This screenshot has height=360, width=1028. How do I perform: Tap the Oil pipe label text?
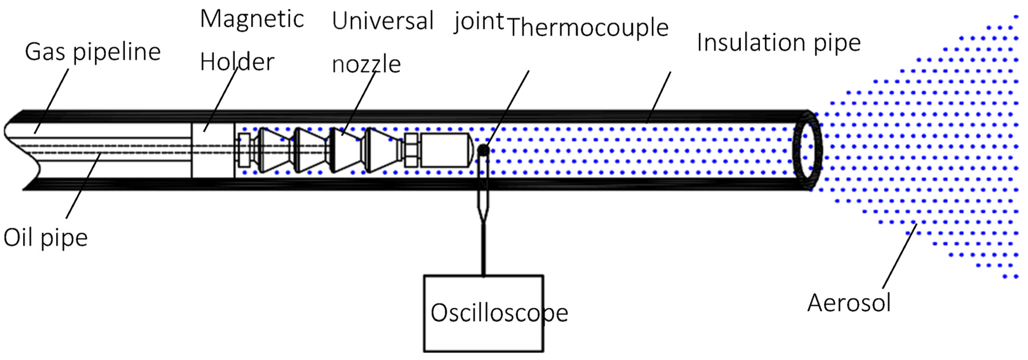click(x=45, y=238)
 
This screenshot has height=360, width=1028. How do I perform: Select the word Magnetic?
click(x=252, y=19)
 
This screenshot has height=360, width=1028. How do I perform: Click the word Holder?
click(x=237, y=62)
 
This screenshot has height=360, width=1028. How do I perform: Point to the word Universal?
click(x=382, y=21)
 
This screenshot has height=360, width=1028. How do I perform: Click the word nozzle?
click(x=366, y=64)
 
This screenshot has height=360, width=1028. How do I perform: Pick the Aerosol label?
click(x=849, y=303)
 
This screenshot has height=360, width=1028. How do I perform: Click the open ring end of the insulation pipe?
click(x=807, y=151)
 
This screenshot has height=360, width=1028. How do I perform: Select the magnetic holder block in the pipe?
click(x=213, y=150)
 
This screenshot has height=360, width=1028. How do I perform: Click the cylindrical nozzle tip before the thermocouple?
click(x=445, y=150)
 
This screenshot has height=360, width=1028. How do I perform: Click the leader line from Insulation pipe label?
click(x=658, y=97)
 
